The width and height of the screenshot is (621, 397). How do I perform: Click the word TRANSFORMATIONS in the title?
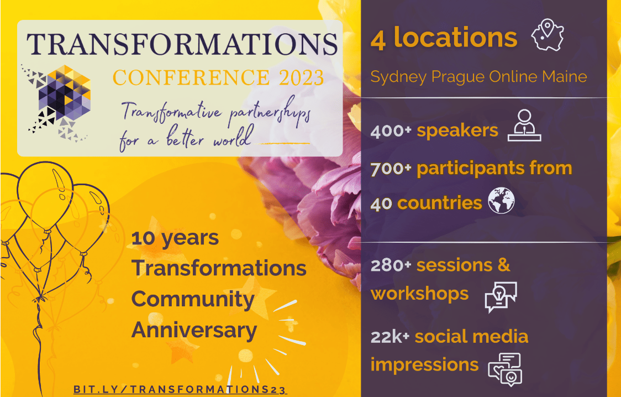coord(182,44)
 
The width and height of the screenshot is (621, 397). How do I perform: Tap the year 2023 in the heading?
coord(302,77)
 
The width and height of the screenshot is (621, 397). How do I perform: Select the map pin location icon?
coord(548,35)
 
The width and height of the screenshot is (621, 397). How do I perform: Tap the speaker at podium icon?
coord(524,125)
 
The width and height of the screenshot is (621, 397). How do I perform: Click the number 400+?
coord(391,131)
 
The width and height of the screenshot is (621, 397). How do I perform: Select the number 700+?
coord(391,169)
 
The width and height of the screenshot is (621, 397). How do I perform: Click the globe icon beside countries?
coord(501,201)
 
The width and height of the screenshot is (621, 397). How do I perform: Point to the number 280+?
coord(391,265)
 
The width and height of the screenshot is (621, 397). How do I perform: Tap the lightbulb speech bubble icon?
coord(501,297)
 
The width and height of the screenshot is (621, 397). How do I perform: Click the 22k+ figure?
coord(390,337)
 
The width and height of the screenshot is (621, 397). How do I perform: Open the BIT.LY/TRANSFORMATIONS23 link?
coord(180,389)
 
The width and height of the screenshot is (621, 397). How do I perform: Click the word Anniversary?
coord(194,331)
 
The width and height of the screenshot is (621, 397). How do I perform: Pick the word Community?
coord(193,300)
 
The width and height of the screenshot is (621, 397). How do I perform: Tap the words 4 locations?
coord(444,38)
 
